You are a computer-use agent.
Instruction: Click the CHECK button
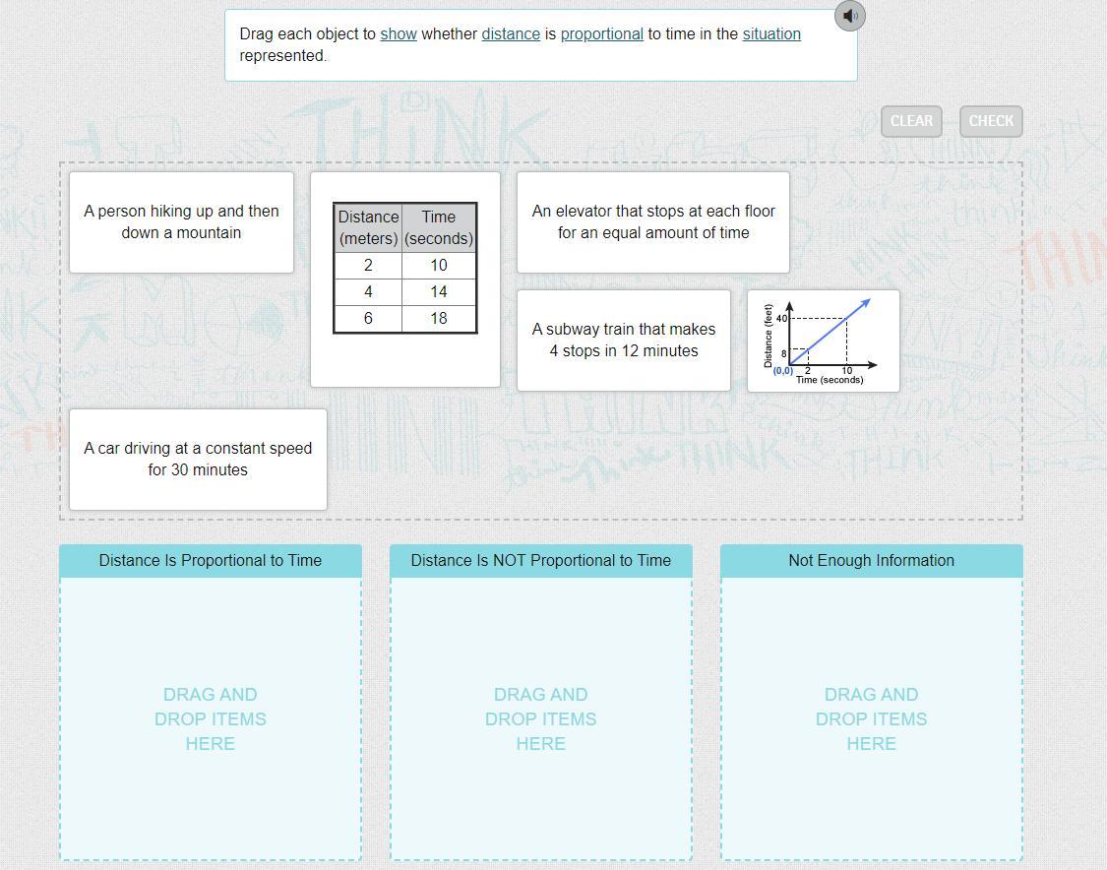(991, 121)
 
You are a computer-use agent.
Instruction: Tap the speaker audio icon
(849, 16)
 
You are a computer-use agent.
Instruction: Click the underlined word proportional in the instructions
(601, 33)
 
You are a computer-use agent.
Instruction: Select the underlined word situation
(771, 33)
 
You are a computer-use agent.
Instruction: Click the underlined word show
(399, 33)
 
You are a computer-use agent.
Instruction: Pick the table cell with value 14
(439, 292)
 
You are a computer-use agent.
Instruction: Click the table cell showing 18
(439, 319)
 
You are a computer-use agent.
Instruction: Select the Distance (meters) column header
(369, 227)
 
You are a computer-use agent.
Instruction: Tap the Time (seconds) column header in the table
(439, 227)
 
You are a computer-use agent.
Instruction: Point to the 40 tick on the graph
(781, 319)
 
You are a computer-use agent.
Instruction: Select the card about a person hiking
(181, 222)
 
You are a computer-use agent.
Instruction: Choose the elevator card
(653, 222)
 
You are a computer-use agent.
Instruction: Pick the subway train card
(624, 341)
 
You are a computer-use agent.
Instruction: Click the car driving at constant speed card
(198, 459)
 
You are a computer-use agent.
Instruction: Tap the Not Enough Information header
(871, 561)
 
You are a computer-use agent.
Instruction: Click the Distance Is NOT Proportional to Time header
(541, 561)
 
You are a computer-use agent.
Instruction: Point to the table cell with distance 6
(369, 319)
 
